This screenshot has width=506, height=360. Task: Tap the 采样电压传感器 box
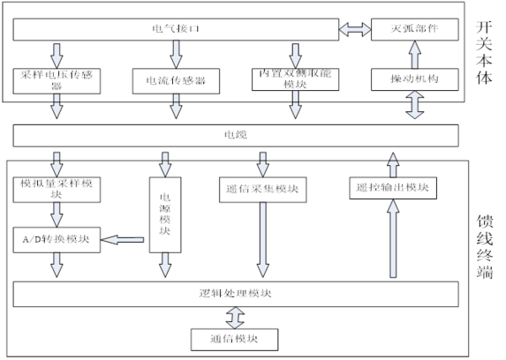(57, 81)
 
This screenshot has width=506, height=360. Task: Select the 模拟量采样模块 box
(57, 189)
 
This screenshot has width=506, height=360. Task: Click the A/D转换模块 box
(57, 240)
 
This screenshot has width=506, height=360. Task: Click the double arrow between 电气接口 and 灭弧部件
(354, 30)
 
